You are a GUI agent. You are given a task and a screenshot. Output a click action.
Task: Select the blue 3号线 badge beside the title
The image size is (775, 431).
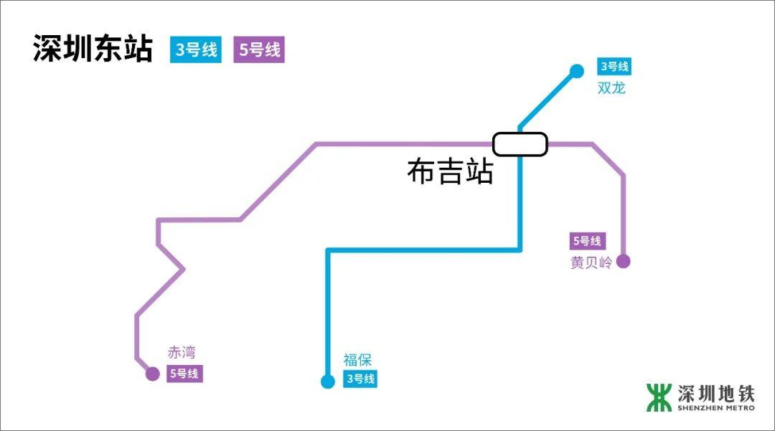click(x=197, y=50)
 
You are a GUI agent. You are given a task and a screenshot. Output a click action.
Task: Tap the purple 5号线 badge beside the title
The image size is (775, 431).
click(x=259, y=50)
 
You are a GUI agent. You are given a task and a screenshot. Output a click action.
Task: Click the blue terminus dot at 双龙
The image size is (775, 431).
click(x=576, y=71)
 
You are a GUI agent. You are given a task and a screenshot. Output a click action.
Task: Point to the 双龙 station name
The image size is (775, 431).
click(x=611, y=88)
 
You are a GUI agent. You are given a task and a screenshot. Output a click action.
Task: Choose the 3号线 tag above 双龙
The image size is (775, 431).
click(x=614, y=67)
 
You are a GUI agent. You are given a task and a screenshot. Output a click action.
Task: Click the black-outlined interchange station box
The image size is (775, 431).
click(x=520, y=143)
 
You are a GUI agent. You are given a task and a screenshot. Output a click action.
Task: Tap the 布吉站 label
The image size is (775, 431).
click(x=450, y=172)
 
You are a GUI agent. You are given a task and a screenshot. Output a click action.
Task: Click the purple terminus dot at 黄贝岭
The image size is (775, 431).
click(x=623, y=261)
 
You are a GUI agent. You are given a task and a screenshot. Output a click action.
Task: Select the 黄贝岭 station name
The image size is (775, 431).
click(x=591, y=262)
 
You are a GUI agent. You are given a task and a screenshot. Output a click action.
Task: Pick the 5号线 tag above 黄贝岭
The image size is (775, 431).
click(x=587, y=242)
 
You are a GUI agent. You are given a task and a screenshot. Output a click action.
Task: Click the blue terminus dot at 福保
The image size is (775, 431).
click(x=328, y=382)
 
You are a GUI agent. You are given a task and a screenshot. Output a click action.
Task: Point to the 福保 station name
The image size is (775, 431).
click(x=357, y=361)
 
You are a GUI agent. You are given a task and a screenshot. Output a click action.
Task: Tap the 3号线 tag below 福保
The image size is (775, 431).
click(x=360, y=379)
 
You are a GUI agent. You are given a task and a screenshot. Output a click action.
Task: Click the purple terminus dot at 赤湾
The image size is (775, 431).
click(x=152, y=374)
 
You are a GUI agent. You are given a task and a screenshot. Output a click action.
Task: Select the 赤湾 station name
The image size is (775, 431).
click(x=182, y=353)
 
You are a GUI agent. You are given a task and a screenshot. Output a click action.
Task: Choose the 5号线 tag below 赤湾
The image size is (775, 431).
click(x=184, y=374)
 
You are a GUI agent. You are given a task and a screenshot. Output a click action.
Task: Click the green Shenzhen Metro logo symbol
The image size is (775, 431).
click(x=659, y=397)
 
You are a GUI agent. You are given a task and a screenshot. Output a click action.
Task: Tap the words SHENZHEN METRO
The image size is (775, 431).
click(x=715, y=408)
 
